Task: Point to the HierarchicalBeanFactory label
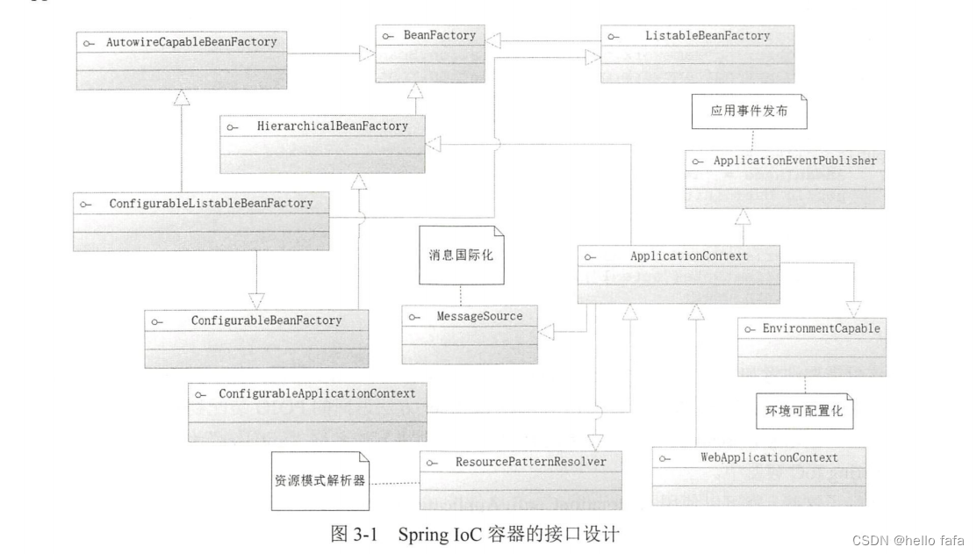(x=333, y=126)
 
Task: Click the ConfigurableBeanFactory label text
(x=266, y=320)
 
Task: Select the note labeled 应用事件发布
(x=745, y=114)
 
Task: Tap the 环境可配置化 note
(x=805, y=411)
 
